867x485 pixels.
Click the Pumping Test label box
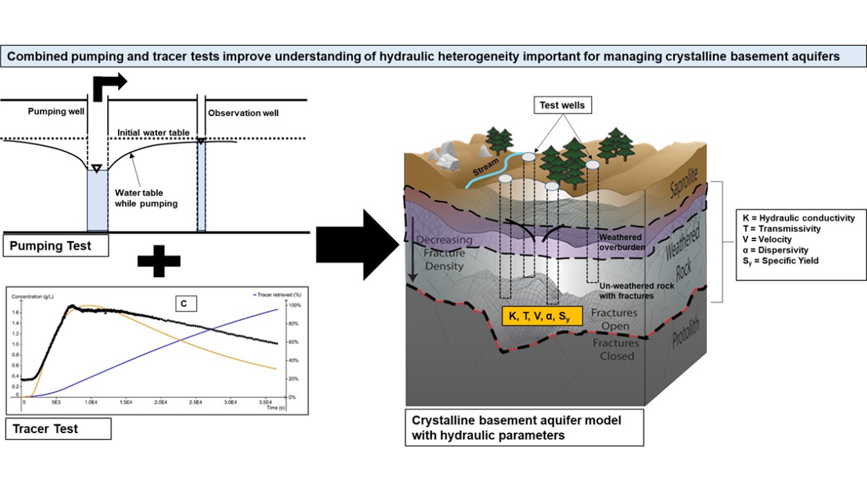(56, 246)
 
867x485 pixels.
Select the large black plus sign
(159, 262)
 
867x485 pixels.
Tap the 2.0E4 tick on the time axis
(161, 401)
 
